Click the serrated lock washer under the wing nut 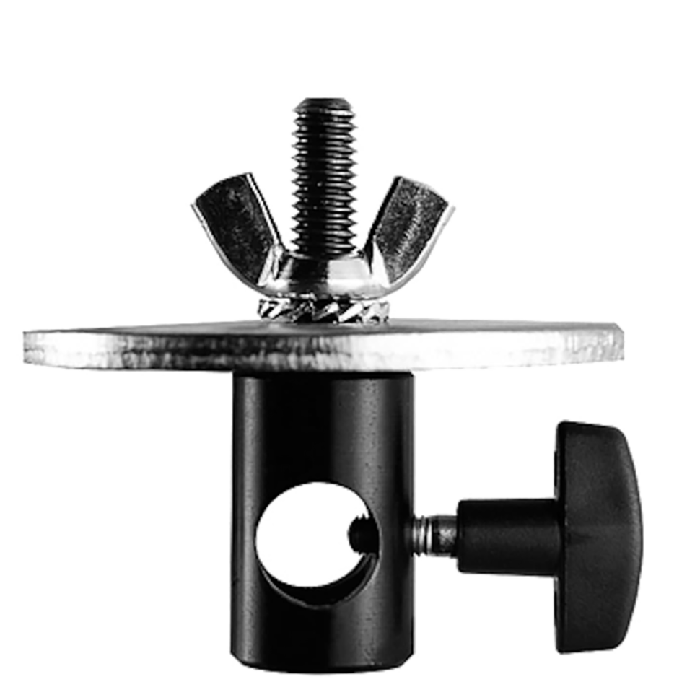coord(321,310)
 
